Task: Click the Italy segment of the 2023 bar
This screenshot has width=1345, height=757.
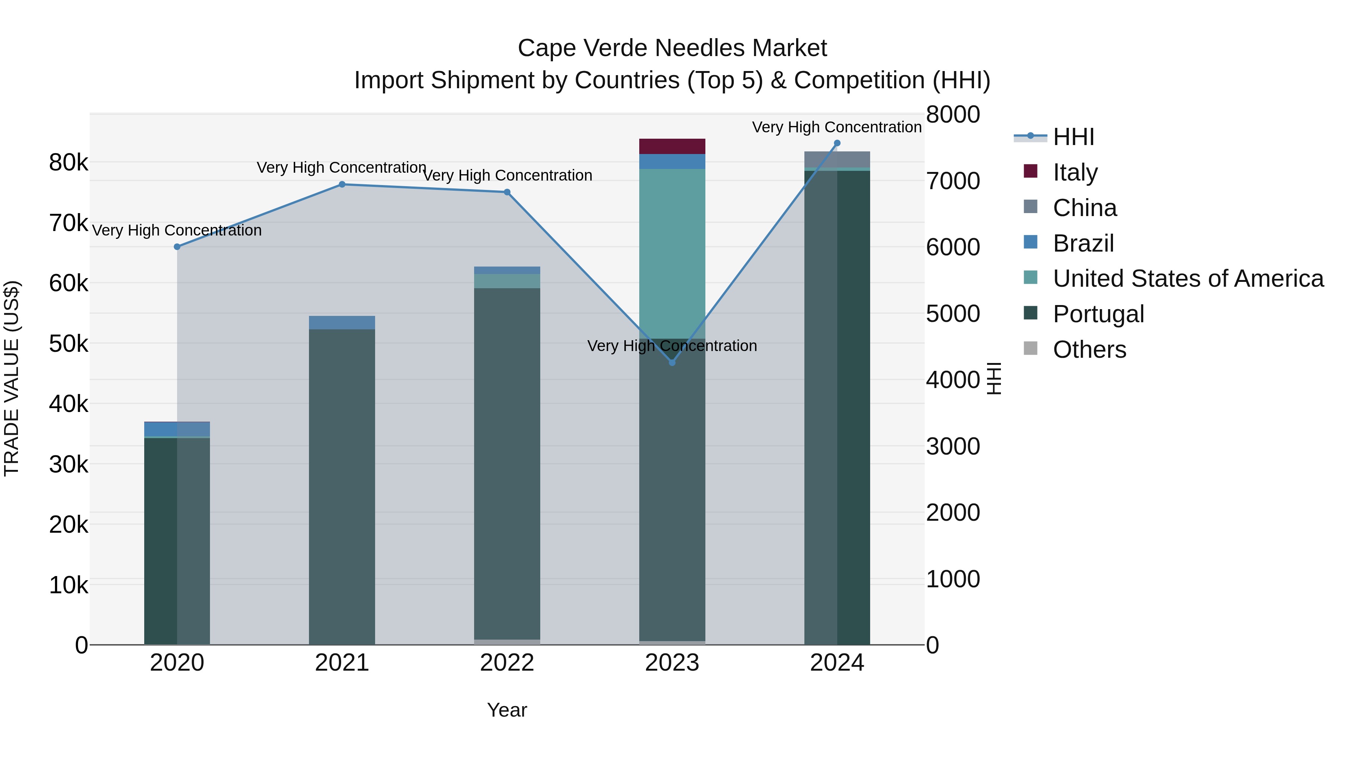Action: [672, 146]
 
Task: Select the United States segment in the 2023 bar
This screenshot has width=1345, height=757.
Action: [672, 253]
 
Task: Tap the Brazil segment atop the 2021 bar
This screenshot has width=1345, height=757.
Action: [342, 322]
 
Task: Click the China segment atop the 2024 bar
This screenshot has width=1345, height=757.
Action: [837, 159]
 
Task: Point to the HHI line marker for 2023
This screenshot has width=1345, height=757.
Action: [672, 363]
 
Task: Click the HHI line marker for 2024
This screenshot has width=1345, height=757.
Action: [837, 143]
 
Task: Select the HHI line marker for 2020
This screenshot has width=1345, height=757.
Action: [177, 247]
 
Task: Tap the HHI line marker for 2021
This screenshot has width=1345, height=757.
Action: [342, 184]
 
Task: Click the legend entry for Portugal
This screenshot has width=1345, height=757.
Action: [1098, 314]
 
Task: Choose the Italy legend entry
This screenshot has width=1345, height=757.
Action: [1075, 172]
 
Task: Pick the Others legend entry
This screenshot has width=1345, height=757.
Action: [1089, 350]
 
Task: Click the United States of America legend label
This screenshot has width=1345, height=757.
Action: [1188, 279]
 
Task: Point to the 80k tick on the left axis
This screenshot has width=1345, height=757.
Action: [68, 163]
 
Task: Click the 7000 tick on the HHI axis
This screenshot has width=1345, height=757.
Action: [953, 181]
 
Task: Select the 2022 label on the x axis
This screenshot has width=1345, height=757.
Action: [507, 663]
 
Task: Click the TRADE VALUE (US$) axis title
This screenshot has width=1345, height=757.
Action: [12, 378]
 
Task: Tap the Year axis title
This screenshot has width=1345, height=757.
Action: [507, 710]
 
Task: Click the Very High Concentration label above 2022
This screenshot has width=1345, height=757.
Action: [507, 176]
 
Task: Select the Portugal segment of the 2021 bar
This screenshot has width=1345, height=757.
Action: [342, 486]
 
